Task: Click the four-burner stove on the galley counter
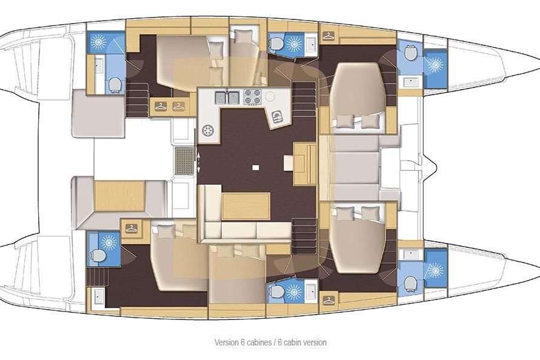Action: [253, 97]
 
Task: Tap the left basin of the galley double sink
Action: [221, 98]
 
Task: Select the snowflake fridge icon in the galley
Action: [208, 131]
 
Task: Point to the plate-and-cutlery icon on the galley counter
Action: [277, 117]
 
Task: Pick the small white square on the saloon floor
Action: [256, 167]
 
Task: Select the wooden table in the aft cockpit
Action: [119, 196]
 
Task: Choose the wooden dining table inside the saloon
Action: [246, 206]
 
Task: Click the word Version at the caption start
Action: [226, 342]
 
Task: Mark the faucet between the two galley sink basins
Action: [227, 92]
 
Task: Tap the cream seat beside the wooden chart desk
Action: [288, 162]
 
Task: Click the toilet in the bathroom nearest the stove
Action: [276, 44]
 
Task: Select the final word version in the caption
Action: [315, 342]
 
